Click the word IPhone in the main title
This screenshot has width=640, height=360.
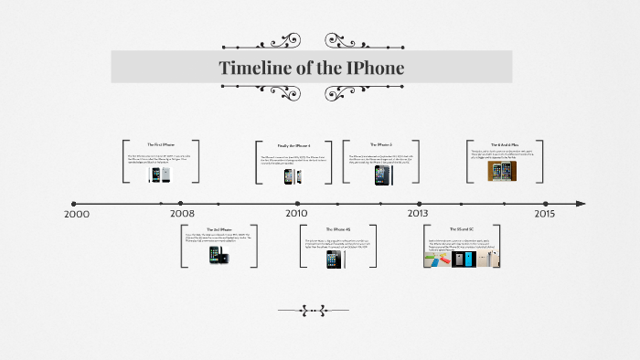click(371, 69)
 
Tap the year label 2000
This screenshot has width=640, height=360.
click(77, 214)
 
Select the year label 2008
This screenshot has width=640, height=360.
click(182, 214)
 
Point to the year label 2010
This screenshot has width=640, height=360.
click(295, 214)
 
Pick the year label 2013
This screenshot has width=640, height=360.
click(418, 214)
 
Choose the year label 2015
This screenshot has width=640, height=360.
click(544, 214)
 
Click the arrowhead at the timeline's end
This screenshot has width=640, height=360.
click(579, 204)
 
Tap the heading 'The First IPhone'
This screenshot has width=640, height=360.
click(161, 145)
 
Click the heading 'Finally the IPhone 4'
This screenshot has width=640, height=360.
click(294, 145)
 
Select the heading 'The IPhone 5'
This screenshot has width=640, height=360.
click(381, 144)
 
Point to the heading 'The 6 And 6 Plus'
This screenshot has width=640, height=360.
click(505, 144)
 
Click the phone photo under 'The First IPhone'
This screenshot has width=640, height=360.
click(162, 174)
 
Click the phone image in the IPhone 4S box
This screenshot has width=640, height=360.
click(335, 259)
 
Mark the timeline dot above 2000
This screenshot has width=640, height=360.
click(74, 204)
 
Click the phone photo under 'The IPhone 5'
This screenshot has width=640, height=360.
click(381, 175)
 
